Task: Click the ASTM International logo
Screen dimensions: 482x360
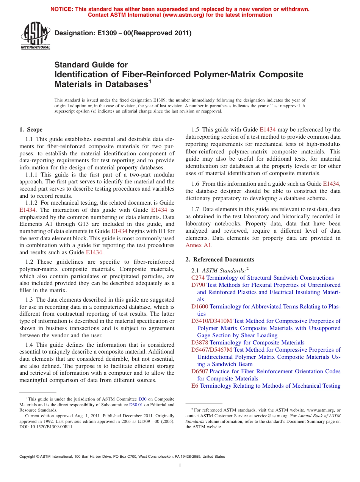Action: pos(35,36)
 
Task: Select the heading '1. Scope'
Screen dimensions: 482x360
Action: pos(31,130)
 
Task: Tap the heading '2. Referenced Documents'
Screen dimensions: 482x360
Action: pos(220,260)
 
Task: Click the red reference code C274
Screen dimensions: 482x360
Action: pos(198,278)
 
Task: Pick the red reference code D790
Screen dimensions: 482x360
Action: pos(198,285)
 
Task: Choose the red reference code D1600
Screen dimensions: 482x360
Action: pos(200,307)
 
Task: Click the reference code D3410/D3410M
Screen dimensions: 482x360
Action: pos(211,321)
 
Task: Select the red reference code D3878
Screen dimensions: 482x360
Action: pos(200,343)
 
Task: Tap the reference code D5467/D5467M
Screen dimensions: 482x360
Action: pos(211,350)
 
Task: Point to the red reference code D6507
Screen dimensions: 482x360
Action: pos(200,371)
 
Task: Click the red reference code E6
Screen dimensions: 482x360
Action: pos(195,386)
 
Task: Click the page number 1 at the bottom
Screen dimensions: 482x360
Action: pos(180,465)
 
